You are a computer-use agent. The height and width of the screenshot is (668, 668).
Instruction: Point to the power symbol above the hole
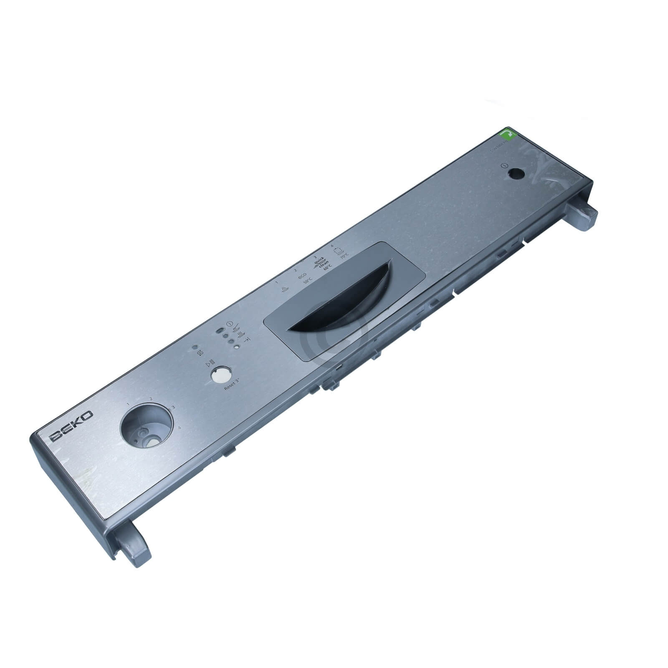pyautogui.click(x=505, y=165)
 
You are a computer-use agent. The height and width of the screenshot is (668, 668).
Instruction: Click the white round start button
pyautogui.click(x=218, y=375)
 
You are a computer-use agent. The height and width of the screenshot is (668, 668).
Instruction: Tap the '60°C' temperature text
pyautogui.click(x=328, y=267)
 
